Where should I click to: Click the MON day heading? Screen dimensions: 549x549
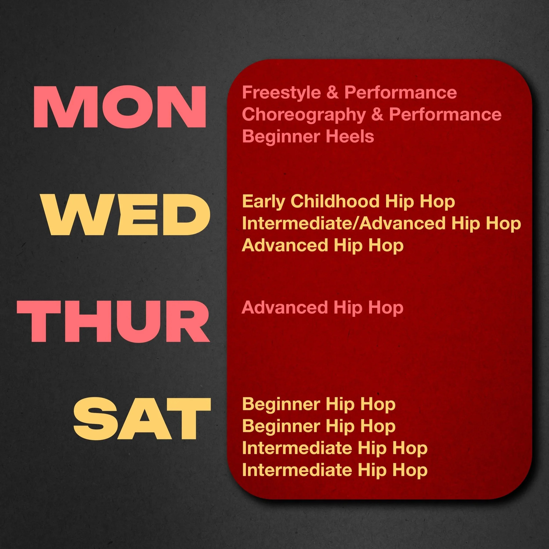(x=120, y=107)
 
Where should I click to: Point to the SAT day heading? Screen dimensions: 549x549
(x=142, y=419)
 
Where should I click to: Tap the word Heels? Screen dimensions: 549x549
(x=350, y=136)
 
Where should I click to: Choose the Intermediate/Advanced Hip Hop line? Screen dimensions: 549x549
(x=381, y=223)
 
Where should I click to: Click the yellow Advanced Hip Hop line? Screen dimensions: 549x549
(x=323, y=245)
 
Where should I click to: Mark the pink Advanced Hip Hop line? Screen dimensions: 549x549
(x=323, y=308)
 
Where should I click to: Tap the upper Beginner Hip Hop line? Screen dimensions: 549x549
(x=319, y=404)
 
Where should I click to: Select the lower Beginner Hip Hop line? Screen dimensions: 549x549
(x=319, y=426)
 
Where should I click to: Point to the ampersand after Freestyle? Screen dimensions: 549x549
(x=332, y=93)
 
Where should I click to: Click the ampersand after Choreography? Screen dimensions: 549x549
(x=377, y=114)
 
